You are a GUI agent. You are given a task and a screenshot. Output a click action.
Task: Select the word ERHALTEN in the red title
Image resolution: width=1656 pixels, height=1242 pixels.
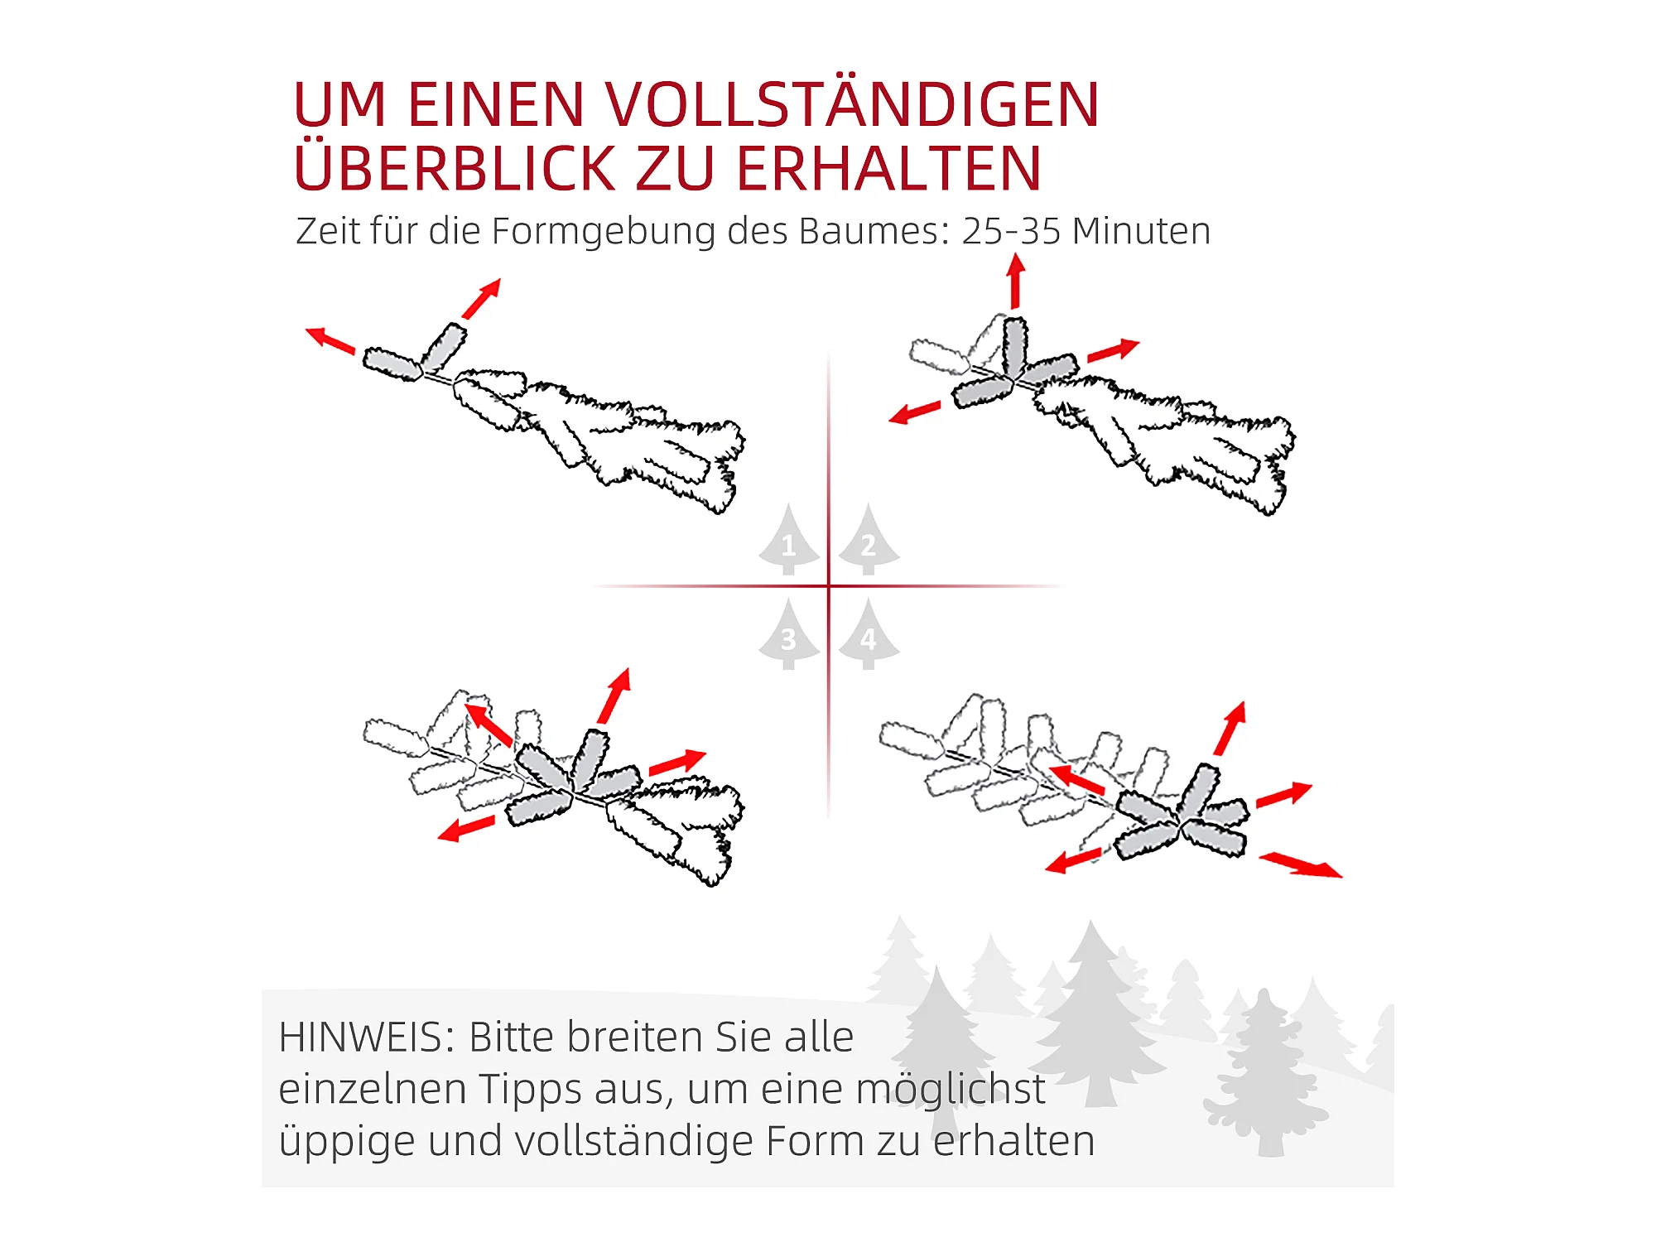click(888, 169)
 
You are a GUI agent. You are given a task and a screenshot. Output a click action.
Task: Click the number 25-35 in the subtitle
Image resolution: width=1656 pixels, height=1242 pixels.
click(1011, 231)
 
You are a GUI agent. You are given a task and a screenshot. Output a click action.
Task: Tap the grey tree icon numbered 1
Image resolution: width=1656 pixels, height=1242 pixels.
click(789, 539)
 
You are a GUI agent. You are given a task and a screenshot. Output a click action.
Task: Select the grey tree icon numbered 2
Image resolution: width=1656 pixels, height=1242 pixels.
click(869, 539)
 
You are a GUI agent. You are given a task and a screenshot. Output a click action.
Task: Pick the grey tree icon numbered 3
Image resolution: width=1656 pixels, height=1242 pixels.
click(789, 634)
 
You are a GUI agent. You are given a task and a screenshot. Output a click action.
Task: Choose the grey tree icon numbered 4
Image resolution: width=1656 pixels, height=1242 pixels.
click(869, 634)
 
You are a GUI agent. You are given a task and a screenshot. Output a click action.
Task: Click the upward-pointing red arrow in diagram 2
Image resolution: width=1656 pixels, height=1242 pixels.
click(1016, 282)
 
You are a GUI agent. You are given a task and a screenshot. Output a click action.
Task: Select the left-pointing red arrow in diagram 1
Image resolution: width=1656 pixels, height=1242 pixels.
click(330, 340)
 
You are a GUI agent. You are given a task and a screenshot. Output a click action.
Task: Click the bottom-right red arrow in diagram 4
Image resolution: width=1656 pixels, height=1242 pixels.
click(1301, 865)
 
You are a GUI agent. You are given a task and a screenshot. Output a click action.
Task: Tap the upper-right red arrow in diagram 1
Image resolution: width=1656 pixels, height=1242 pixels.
click(482, 298)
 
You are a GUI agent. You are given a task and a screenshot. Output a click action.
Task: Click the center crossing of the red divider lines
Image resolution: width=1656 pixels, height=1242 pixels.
click(829, 586)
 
